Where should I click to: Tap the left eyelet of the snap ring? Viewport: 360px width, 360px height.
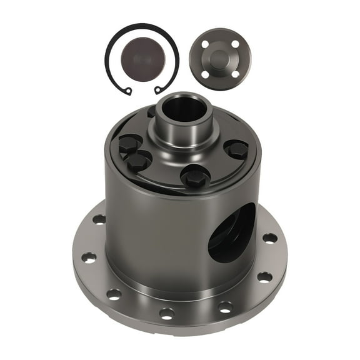(127, 91)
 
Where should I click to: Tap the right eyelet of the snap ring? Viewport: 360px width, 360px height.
(158, 91)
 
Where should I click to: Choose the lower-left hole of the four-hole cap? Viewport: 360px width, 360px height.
(205, 74)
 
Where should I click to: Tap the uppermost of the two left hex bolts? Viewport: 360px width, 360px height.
(129, 143)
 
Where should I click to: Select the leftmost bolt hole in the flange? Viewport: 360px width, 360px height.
(89, 257)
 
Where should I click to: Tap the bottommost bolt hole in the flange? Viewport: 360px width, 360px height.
(167, 312)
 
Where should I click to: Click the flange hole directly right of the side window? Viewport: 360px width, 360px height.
(269, 238)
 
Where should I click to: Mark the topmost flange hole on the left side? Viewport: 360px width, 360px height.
(99, 219)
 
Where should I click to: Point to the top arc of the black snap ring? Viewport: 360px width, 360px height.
(142, 27)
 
